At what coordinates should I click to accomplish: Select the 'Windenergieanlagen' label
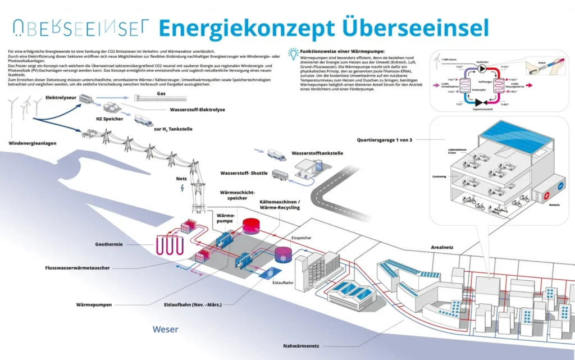coord(32,143)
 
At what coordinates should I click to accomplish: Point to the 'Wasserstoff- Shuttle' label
coord(244,173)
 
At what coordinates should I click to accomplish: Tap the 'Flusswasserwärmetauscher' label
coord(77,268)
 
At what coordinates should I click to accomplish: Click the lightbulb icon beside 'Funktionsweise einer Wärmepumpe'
coord(293,53)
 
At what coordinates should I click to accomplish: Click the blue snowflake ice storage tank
coord(282,256)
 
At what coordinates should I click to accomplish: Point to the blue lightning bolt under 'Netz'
coord(181,189)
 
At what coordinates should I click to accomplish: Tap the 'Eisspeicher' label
coord(302,238)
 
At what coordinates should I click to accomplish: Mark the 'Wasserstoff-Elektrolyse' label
coord(197,110)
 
